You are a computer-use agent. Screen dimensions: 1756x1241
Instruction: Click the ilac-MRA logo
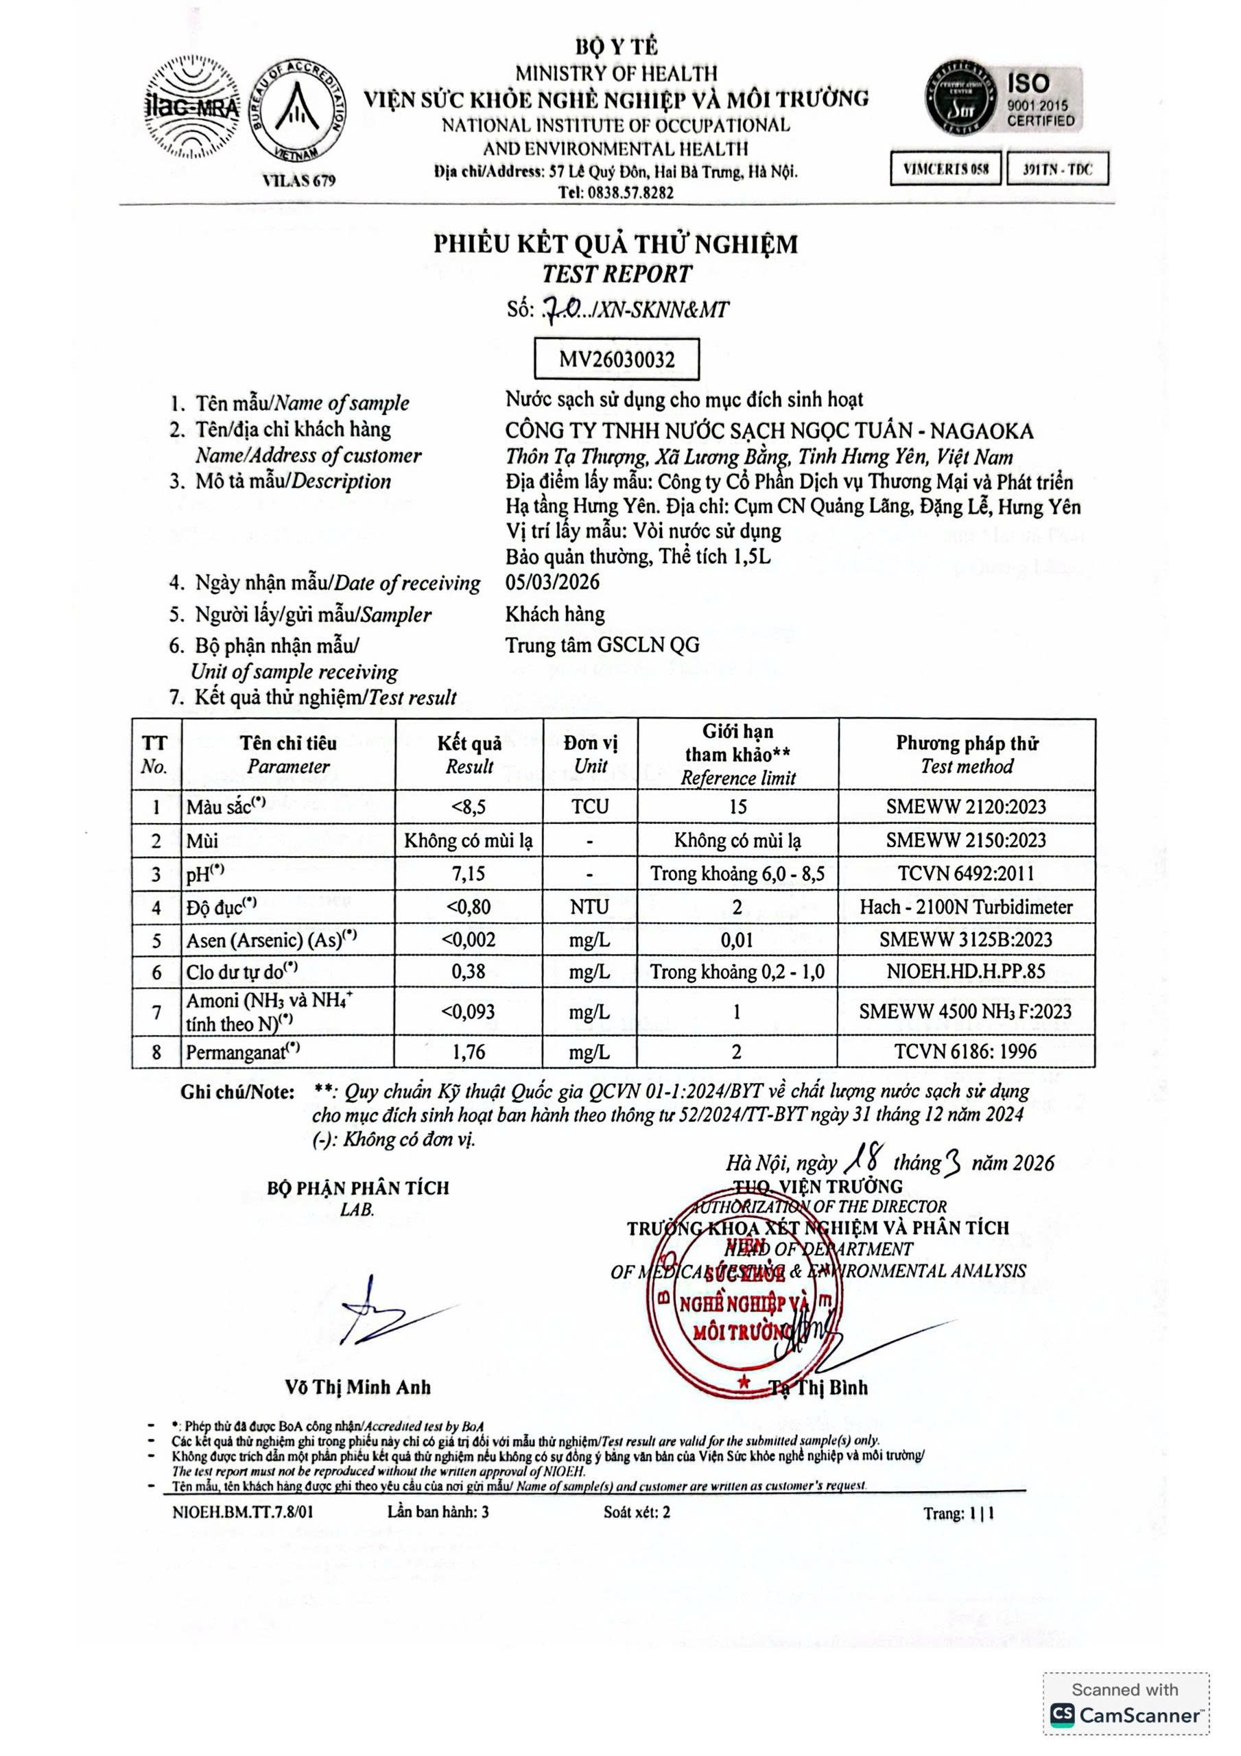click(192, 107)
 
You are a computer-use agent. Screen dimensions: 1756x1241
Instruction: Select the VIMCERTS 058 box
click(945, 169)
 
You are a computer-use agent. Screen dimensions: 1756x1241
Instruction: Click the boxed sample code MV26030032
click(617, 359)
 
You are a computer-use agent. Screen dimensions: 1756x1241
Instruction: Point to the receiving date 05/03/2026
click(552, 582)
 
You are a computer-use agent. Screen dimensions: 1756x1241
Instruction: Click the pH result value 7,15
click(469, 873)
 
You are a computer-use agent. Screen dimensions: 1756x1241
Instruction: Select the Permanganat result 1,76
click(469, 1052)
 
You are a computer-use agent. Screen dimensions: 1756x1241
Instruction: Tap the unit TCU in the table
click(590, 806)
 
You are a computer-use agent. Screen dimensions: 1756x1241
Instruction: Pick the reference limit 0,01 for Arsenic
click(737, 940)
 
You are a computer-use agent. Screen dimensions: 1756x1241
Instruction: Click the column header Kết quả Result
click(469, 754)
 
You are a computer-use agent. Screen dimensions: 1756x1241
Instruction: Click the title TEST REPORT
click(617, 274)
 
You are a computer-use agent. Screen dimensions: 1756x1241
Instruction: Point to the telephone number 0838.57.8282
click(616, 193)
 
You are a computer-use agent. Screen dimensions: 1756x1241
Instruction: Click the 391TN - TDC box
click(1057, 169)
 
